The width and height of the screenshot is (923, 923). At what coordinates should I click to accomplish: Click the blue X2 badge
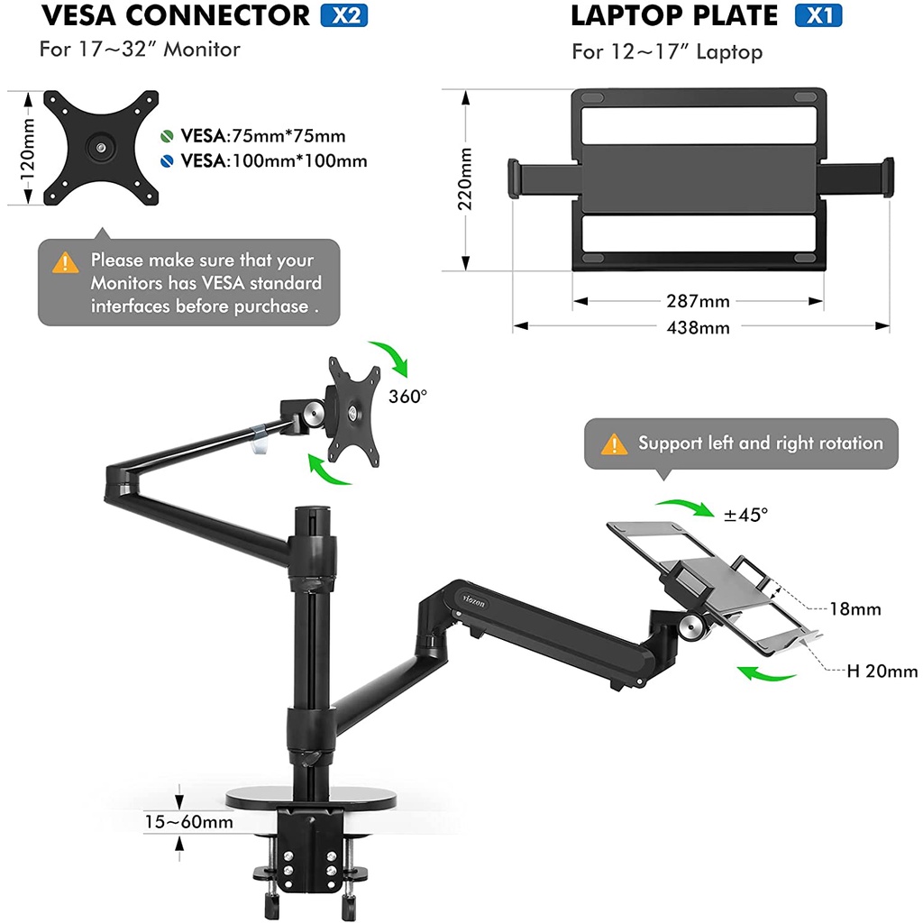343,16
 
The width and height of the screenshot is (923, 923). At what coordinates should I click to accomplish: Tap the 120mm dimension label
28,146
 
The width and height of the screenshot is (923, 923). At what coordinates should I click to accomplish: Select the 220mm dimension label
465,178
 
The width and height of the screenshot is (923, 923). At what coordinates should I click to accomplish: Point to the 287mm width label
699,301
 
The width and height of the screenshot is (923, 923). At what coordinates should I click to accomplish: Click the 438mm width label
699,327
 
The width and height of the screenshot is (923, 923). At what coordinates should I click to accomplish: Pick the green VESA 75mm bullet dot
167,137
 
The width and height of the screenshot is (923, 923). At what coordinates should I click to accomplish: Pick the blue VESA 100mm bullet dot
167,161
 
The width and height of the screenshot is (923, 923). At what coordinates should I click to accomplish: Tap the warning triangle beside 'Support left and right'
615,443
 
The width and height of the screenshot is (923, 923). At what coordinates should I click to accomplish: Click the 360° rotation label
407,397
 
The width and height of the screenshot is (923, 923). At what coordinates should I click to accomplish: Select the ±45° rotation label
746,515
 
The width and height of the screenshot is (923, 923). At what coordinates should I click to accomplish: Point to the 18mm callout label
854,609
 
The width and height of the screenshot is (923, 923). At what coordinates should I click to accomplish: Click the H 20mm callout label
882,671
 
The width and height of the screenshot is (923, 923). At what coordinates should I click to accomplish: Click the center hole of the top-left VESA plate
98,146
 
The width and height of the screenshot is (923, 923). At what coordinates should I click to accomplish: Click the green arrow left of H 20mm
766,673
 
